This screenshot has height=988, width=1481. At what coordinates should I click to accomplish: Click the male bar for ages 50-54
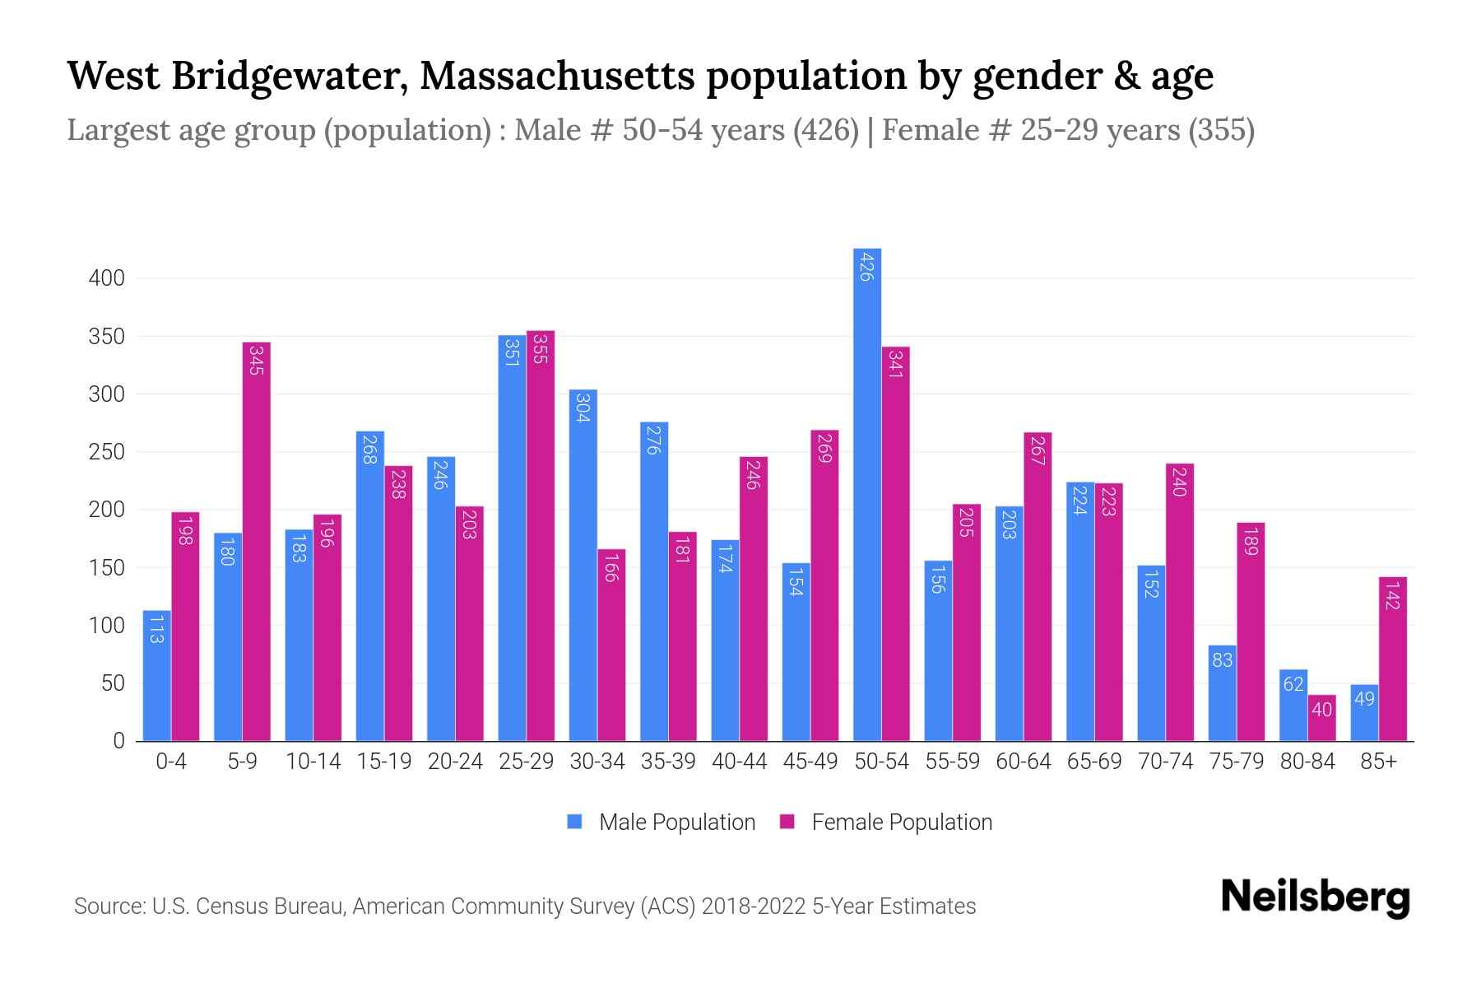pyautogui.click(x=867, y=494)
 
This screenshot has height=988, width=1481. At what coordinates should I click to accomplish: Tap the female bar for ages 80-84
pyautogui.click(x=1321, y=718)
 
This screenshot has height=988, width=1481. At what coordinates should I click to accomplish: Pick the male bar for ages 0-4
pyautogui.click(x=157, y=675)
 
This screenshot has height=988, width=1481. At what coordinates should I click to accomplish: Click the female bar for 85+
pyautogui.click(x=1393, y=659)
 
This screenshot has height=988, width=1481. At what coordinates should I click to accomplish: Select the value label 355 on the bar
pyautogui.click(x=540, y=348)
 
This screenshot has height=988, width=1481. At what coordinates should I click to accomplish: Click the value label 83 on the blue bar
pyautogui.click(x=1222, y=660)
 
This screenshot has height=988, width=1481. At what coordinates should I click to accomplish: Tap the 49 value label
pyautogui.click(x=1364, y=699)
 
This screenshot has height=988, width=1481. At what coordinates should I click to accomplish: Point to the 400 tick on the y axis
pyautogui.click(x=107, y=278)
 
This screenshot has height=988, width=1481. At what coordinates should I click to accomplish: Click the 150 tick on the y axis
pyautogui.click(x=107, y=568)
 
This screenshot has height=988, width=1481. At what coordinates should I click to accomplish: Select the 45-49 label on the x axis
pyautogui.click(x=810, y=762)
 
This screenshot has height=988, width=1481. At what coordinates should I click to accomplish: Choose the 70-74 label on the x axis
pyautogui.click(x=1165, y=762)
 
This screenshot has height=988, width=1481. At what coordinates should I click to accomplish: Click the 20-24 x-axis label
pyautogui.click(x=455, y=762)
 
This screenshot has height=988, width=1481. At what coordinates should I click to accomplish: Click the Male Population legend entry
pyautogui.click(x=676, y=823)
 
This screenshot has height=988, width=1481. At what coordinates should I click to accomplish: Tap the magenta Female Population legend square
pyautogui.click(x=787, y=822)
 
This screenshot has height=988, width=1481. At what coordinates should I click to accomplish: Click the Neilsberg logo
pyautogui.click(x=1315, y=897)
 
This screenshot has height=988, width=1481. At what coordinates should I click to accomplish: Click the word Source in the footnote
pyautogui.click(x=108, y=906)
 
